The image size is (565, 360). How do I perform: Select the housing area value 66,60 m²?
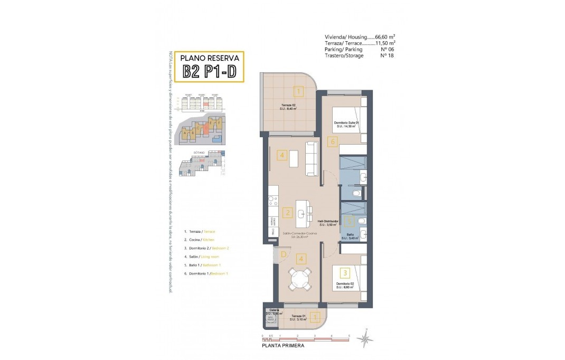click(384, 37)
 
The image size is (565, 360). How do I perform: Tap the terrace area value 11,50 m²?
click(384, 43)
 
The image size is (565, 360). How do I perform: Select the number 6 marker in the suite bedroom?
click(332, 141)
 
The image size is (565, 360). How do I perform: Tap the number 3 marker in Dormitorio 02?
click(345, 273)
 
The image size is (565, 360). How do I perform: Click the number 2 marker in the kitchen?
click(287, 213)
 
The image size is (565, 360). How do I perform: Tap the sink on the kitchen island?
click(301, 213)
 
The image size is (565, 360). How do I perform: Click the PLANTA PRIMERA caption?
click(283, 346)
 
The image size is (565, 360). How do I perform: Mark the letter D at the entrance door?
click(283, 255)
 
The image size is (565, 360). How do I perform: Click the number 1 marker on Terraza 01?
click(315, 317)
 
